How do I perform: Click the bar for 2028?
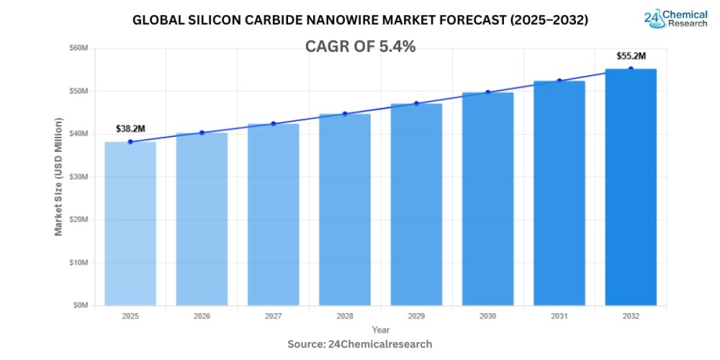click(344, 209)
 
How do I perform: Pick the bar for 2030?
click(487, 199)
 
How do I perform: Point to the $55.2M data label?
click(631, 56)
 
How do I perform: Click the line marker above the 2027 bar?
click(273, 124)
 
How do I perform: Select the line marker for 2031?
click(559, 80)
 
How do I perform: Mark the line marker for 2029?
click(416, 103)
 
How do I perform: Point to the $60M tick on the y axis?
click(79, 48)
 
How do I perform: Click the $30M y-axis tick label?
click(79, 177)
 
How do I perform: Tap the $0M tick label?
click(81, 305)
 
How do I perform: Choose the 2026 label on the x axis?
click(202, 316)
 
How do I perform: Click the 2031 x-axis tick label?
click(559, 316)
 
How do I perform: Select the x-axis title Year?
click(380, 330)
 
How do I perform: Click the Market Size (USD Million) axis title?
click(59, 176)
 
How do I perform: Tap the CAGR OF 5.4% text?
click(360, 47)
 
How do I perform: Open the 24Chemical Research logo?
click(676, 19)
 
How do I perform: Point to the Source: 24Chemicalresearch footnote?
click(359, 344)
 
